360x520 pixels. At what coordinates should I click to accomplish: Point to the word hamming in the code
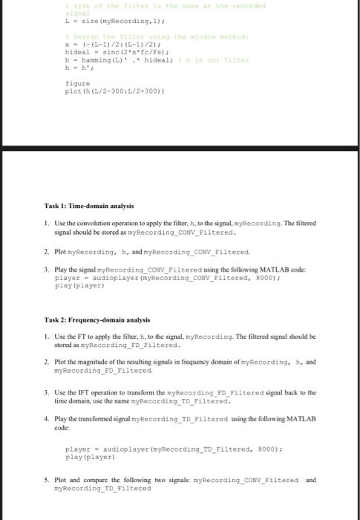click(90, 59)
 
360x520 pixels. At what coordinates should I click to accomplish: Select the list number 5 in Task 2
click(46, 480)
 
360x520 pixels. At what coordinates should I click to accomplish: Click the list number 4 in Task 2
click(46, 419)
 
